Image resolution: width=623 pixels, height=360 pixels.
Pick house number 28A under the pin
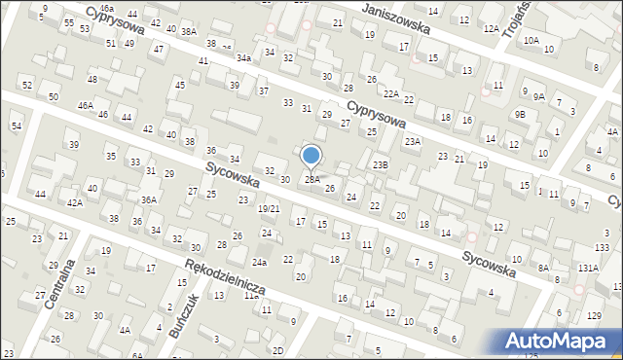(x=311, y=179)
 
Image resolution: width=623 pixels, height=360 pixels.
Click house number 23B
(x=380, y=165)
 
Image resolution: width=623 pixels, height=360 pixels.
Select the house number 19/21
(x=269, y=209)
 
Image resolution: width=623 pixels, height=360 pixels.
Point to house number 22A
(x=391, y=93)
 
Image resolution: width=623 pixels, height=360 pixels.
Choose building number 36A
(x=148, y=199)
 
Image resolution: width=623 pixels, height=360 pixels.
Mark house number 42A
(x=74, y=203)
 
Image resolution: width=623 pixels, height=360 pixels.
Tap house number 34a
(x=243, y=58)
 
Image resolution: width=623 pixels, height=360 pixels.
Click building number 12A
(x=491, y=30)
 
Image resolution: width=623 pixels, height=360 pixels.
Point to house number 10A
(x=531, y=42)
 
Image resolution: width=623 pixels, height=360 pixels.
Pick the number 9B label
(x=521, y=114)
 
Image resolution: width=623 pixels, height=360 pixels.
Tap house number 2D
(x=277, y=350)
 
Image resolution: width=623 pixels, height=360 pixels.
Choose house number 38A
(x=188, y=31)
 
